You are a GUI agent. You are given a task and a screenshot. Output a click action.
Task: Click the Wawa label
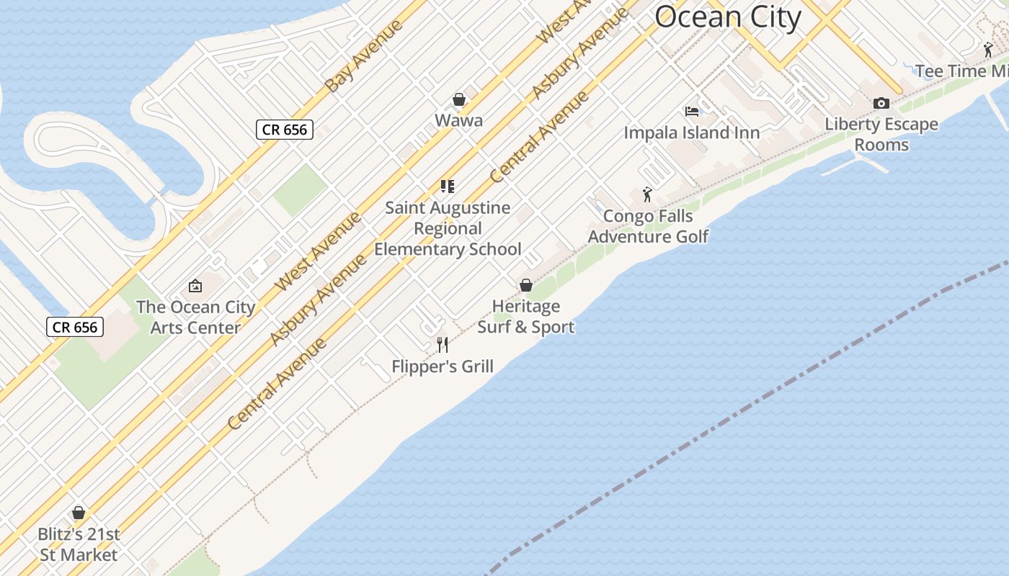coord(458,120)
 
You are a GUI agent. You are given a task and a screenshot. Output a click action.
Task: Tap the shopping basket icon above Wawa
coord(458,99)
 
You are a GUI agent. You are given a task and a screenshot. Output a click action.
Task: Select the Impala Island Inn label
coord(691,132)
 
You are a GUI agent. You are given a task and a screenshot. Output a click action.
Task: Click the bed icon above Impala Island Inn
coord(692,112)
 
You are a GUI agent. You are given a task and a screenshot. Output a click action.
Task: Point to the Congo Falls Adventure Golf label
coord(648,226)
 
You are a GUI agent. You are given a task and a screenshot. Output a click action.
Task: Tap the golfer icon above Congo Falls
coord(647,194)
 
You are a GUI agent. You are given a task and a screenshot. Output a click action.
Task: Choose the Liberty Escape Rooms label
coord(881,134)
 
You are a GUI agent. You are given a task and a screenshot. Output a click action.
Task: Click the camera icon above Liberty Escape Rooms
coord(881,104)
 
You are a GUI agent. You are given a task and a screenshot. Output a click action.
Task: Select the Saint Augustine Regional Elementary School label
coord(448,228)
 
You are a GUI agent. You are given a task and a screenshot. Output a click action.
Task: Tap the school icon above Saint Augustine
coord(448,186)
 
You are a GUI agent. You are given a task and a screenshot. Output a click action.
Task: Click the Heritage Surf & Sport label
coord(526,317)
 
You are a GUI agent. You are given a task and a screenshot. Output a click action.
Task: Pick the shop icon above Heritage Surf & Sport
coord(526,285)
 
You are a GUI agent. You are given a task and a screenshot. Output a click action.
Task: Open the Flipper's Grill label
coord(443,366)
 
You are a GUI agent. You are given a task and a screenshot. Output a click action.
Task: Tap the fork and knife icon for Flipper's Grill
coord(443,345)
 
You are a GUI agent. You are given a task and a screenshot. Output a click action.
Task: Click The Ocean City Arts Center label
coord(195,317)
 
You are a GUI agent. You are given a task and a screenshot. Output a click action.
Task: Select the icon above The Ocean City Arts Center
coord(195,286)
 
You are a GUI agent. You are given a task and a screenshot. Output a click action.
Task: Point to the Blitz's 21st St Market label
coord(79,545)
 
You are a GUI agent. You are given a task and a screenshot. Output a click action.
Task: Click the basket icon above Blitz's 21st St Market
coord(79,513)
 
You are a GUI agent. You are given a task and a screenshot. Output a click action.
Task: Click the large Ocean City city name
coord(728,17)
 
